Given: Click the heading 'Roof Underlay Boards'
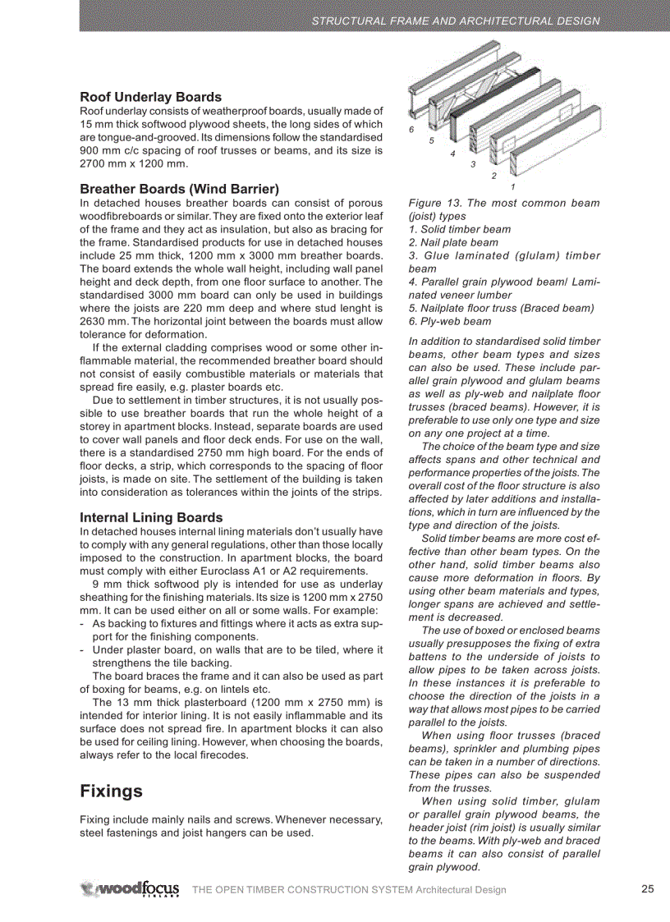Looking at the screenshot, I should pyautogui.click(x=150, y=97).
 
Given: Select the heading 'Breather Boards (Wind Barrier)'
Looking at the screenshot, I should pyautogui.click(x=179, y=189).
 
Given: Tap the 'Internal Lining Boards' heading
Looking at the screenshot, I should pyautogui.click(x=151, y=517).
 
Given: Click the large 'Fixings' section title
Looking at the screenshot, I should pyautogui.click(x=111, y=791).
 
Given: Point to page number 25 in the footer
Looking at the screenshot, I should pyautogui.click(x=647, y=889).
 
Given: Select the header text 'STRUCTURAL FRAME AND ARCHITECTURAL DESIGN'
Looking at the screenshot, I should pyautogui.click(x=456, y=21).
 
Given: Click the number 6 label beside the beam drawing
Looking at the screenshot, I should pyautogui.click(x=411, y=130).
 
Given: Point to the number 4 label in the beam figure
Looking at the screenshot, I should pyautogui.click(x=452, y=154).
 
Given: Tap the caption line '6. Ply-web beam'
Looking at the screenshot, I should pyautogui.click(x=450, y=321).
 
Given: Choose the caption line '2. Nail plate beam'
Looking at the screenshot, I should pyautogui.click(x=453, y=242).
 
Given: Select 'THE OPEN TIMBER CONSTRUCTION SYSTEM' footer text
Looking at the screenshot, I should pyautogui.click(x=301, y=890).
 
